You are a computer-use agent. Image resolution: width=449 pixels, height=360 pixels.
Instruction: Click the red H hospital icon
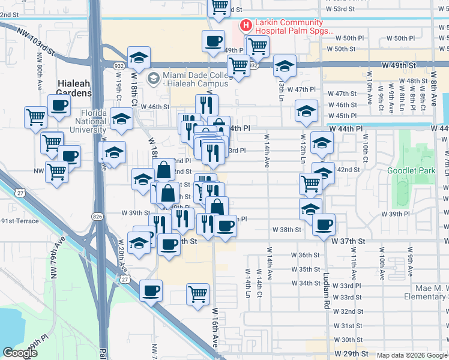[245, 25]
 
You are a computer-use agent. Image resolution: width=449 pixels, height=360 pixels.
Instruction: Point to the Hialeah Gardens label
[74, 88]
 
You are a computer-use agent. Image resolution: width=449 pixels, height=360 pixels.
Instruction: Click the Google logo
[20, 352]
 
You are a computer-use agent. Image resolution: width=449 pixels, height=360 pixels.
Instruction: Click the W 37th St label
[348, 241]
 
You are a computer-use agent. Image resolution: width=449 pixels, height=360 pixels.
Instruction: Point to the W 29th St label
[351, 355]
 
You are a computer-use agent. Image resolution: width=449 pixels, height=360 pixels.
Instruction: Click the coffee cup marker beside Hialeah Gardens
[59, 106]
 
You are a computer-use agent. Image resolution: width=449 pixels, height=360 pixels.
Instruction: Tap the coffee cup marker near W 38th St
[324, 224]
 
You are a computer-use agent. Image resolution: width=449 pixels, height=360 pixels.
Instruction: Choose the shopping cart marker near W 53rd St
[220, 7]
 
